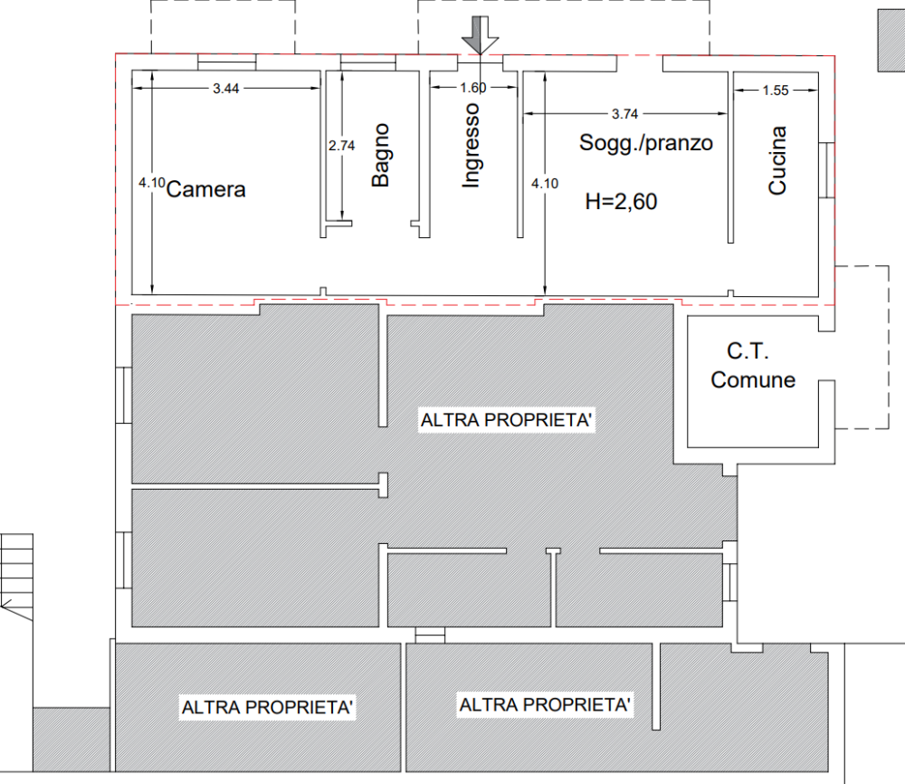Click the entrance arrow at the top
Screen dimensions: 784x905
pos(479,37)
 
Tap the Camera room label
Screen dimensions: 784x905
pos(206,190)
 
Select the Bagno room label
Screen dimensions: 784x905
pos(380,155)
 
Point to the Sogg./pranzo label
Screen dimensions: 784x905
pos(645,143)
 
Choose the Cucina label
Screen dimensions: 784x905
pos(776,160)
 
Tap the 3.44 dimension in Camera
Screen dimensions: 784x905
pos(225,89)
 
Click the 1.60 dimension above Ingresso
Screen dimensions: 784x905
pos(473,88)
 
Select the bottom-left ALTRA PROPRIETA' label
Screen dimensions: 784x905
pos(267,707)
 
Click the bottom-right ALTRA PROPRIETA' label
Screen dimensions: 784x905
pos(545,704)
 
